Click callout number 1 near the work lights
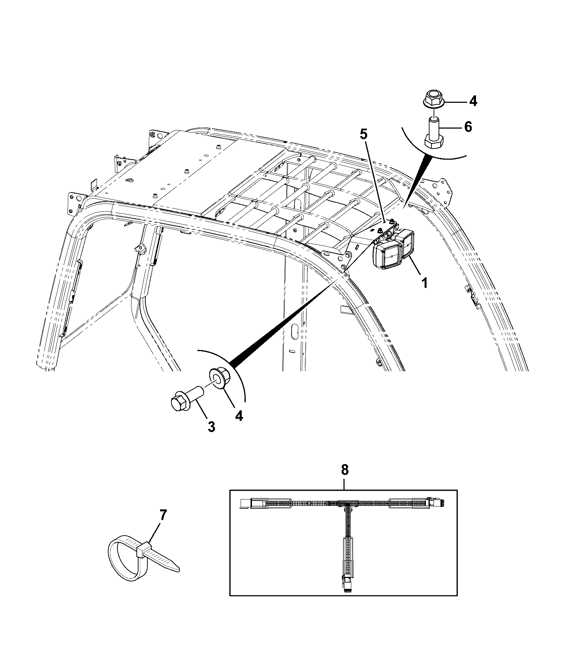[425, 283]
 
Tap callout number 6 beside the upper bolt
[468, 126]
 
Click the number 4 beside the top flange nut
[473, 101]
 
